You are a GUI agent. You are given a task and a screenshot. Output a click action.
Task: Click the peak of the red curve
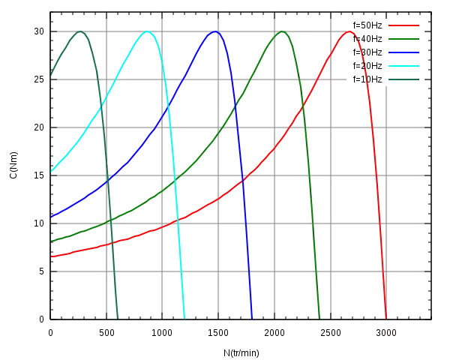[x=349, y=31]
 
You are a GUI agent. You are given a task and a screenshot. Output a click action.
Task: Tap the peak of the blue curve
[x=215, y=31]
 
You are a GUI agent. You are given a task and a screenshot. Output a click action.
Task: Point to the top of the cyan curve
[x=148, y=31]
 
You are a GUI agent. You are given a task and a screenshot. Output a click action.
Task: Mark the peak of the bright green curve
[x=282, y=31]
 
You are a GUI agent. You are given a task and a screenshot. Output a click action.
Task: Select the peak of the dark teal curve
[x=81, y=31]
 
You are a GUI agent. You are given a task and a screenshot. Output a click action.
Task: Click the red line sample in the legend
[x=403, y=27]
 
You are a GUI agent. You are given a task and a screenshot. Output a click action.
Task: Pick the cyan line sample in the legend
[x=403, y=67]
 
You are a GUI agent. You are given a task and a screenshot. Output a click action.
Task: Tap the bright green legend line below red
[x=403, y=40]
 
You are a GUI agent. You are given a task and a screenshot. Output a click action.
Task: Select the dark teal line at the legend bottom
[x=403, y=80]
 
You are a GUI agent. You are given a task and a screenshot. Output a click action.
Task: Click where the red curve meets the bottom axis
[x=387, y=318]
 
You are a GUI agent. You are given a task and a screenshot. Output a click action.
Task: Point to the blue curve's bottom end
[x=253, y=318]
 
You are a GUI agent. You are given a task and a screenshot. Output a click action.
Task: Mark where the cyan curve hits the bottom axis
[x=184, y=318]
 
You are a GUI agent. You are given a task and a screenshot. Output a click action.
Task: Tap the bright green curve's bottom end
[x=320, y=318]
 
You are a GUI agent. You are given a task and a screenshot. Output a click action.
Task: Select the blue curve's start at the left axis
[x=51, y=218]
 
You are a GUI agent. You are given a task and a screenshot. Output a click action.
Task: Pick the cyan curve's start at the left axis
[x=51, y=172]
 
